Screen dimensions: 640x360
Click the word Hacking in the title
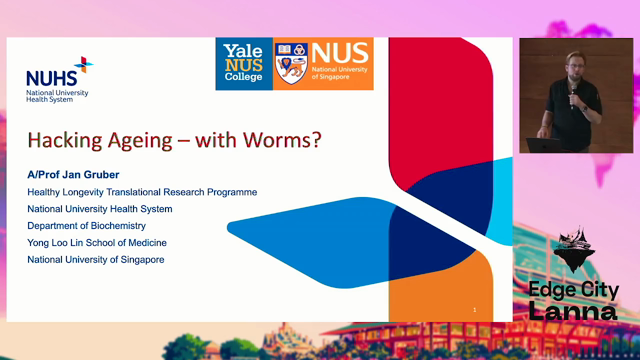pyautogui.click(x=65, y=141)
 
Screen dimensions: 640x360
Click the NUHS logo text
pyautogui.click(x=51, y=78)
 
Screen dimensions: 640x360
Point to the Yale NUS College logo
pyautogui.click(x=244, y=64)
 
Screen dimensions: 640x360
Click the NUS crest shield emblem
pyautogui.click(x=291, y=64)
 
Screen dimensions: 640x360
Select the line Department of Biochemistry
pyautogui.click(x=87, y=226)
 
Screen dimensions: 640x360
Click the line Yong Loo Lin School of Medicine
pyautogui.click(x=97, y=243)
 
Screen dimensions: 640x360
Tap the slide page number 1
pyautogui.click(x=475, y=310)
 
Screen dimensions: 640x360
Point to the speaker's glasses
pyautogui.click(x=575, y=65)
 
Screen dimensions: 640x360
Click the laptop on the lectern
pyautogui.click(x=543, y=145)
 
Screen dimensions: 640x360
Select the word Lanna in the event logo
pyautogui.click(x=573, y=311)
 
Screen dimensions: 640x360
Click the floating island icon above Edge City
pyautogui.click(x=573, y=249)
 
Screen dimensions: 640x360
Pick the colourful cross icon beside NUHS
pyautogui.click(x=84, y=64)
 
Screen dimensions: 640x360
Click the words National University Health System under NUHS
pyautogui.click(x=57, y=96)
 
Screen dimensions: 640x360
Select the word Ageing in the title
pyautogui.click(x=140, y=141)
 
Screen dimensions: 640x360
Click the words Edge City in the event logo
pyautogui.click(x=574, y=291)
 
